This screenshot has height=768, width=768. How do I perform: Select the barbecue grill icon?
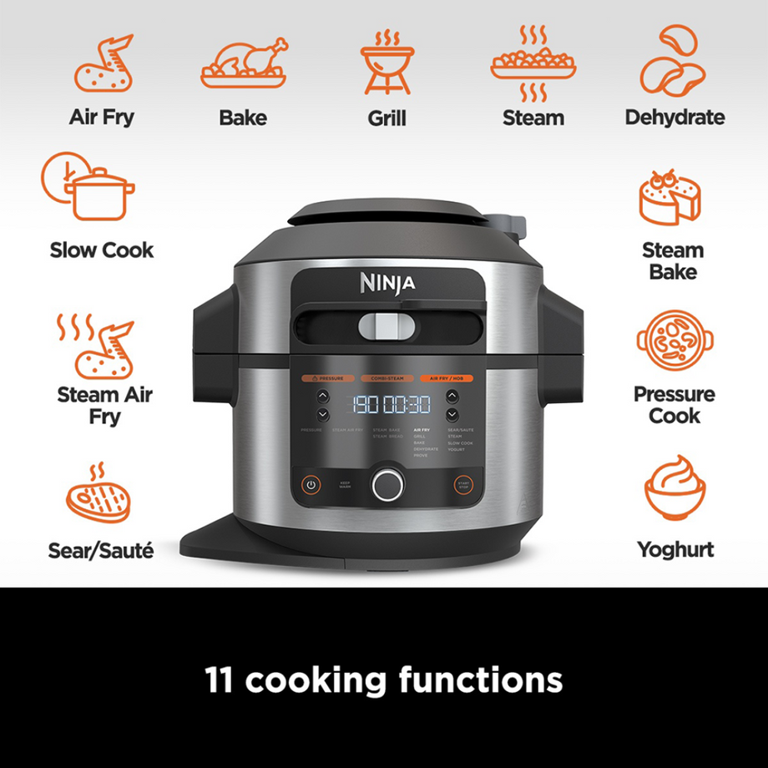[x=387, y=63]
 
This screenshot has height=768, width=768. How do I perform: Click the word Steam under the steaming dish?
[x=533, y=119]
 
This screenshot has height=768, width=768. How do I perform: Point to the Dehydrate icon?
[x=674, y=60]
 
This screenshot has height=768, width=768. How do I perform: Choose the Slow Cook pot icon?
[x=88, y=187]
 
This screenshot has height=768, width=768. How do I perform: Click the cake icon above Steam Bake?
[x=669, y=197]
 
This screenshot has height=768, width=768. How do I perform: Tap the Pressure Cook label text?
[x=674, y=405]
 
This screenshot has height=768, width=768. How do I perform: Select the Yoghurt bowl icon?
[x=674, y=488]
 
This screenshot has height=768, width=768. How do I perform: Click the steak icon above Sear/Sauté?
[x=99, y=498]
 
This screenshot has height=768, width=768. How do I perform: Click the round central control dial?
[x=387, y=483]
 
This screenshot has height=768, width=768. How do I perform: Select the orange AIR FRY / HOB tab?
[x=446, y=378]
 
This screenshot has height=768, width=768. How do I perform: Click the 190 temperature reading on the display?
[x=366, y=404]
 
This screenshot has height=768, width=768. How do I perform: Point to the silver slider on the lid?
[x=387, y=325]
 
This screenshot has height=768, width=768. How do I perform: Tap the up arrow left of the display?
[x=322, y=396]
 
